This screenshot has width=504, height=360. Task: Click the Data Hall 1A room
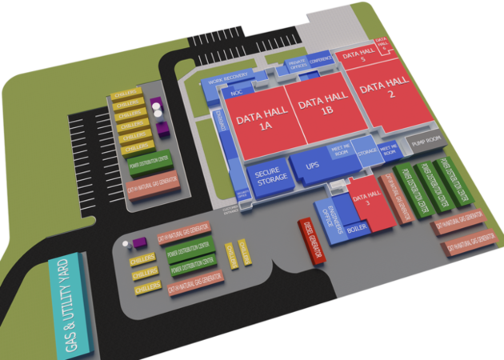pyautogui.click(x=254, y=122)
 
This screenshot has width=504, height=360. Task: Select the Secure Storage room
pyautogui.click(x=270, y=178)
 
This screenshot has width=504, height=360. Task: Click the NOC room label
pyautogui.click(x=236, y=93)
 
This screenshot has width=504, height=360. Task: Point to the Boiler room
pyautogui.click(x=357, y=230)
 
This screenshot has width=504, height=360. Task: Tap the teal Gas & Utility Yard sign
pyautogui.click(x=71, y=305)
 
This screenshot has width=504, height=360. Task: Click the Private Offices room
pyautogui.click(x=297, y=66)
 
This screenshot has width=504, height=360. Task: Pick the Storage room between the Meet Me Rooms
pyautogui.click(x=366, y=152)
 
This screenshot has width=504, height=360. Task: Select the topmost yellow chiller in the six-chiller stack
pyautogui.click(x=127, y=94)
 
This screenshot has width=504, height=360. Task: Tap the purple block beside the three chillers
pyautogui.click(x=140, y=242)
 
